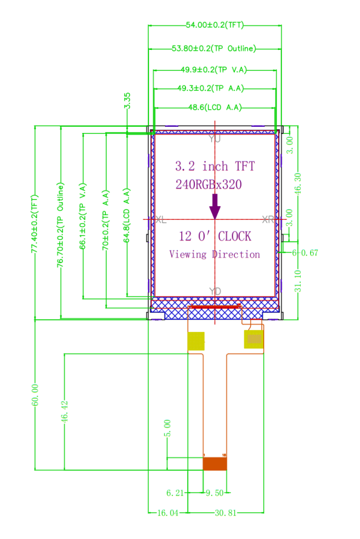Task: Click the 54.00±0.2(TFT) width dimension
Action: click(214, 25)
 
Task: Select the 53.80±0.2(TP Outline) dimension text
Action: click(214, 48)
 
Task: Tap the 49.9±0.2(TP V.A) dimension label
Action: click(214, 70)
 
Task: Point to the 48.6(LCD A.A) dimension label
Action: click(215, 107)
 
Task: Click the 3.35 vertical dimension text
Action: click(127, 101)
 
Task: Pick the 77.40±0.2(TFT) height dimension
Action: click(34, 224)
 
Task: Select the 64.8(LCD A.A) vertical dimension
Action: click(126, 215)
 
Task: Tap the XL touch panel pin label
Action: click(161, 220)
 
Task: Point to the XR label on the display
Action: click(268, 220)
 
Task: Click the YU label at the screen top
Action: click(215, 139)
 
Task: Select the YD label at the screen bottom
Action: click(215, 291)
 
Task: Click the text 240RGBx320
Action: click(209, 184)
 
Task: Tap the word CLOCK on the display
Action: click(234, 237)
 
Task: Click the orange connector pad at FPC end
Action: click(215, 464)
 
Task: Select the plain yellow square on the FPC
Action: click(196, 341)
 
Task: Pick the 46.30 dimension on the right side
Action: click(298, 183)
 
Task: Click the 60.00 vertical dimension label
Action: click(35, 396)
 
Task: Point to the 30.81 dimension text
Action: click(225, 513)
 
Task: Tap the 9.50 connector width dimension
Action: click(215, 493)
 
